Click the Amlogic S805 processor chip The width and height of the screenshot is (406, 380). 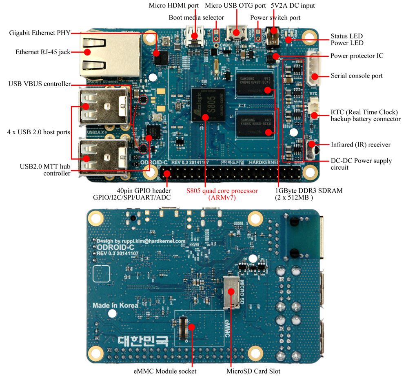208,106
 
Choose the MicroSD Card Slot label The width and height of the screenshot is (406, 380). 253,371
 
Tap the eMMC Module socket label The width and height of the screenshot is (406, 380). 165,371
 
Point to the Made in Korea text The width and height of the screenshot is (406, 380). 115,305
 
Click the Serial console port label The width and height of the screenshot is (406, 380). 357,76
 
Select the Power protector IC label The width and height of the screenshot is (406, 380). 357,56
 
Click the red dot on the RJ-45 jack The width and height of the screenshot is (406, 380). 87,52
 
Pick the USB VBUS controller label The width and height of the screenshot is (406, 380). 39,84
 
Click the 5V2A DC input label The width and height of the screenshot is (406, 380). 293,6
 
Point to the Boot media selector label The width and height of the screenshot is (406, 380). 196,18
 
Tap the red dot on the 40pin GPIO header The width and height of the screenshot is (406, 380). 166,174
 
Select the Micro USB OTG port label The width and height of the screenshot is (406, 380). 235,6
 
